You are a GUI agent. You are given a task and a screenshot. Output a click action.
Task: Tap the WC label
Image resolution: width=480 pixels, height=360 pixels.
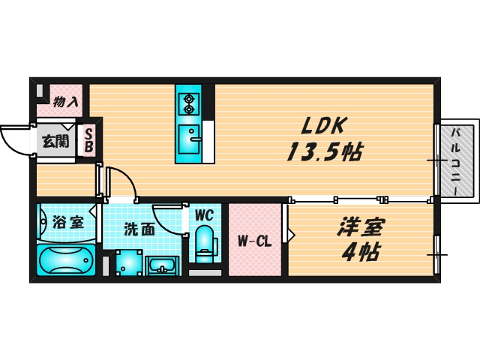tap(204, 215)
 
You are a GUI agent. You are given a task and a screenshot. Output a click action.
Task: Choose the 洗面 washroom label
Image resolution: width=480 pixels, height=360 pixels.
tap(139, 229)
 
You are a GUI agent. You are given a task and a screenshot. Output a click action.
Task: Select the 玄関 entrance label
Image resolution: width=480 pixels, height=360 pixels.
tap(53, 140)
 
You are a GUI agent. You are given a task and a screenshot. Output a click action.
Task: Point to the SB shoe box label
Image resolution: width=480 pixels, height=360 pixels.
tap(88, 140)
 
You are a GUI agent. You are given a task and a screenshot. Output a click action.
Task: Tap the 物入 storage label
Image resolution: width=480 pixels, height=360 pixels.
tap(65, 100)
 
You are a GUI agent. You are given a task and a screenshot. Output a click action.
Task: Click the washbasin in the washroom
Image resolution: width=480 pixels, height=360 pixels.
tap(161, 266)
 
